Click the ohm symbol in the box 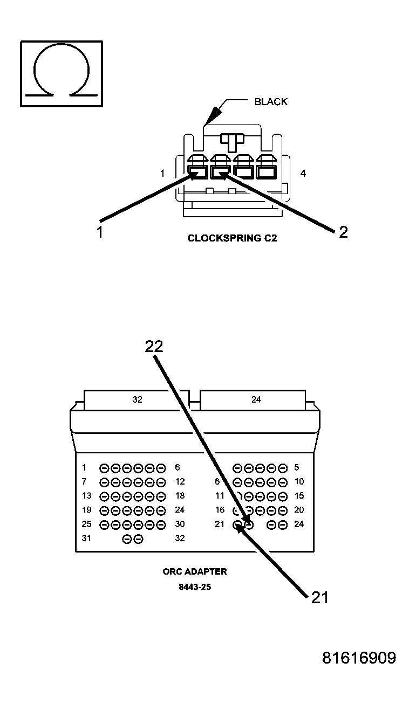61,73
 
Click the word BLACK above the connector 271,101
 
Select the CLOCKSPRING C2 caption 232,238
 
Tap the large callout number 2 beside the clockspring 343,232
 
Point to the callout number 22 154,347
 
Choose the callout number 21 319,598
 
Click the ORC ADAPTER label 195,571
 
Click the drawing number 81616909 359,658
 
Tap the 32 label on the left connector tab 137,399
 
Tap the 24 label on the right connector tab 256,399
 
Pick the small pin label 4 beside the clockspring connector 303,174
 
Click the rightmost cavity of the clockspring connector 266,172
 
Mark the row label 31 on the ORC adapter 86,538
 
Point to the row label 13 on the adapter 86,496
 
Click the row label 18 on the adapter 180,496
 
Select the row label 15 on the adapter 299,496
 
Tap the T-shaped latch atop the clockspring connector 233,141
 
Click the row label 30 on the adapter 180,524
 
